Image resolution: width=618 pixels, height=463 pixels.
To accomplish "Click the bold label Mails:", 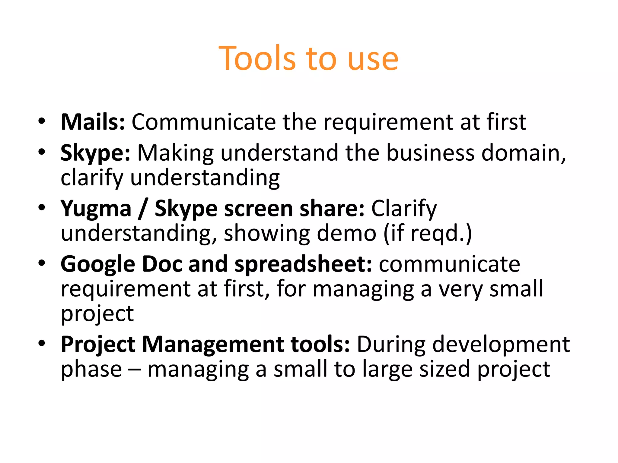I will (x=93, y=122).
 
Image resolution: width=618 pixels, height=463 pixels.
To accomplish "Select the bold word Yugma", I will (x=96, y=209).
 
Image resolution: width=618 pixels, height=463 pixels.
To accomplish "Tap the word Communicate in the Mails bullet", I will (x=203, y=122).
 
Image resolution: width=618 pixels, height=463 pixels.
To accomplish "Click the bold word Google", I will (x=98, y=264).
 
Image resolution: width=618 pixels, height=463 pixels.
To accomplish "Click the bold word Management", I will (x=213, y=344).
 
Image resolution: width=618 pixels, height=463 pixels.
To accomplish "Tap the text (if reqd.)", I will (x=428, y=234).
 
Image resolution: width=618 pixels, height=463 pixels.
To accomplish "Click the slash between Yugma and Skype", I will (x=143, y=209).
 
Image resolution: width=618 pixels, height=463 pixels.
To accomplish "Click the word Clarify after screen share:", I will (x=404, y=209).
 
